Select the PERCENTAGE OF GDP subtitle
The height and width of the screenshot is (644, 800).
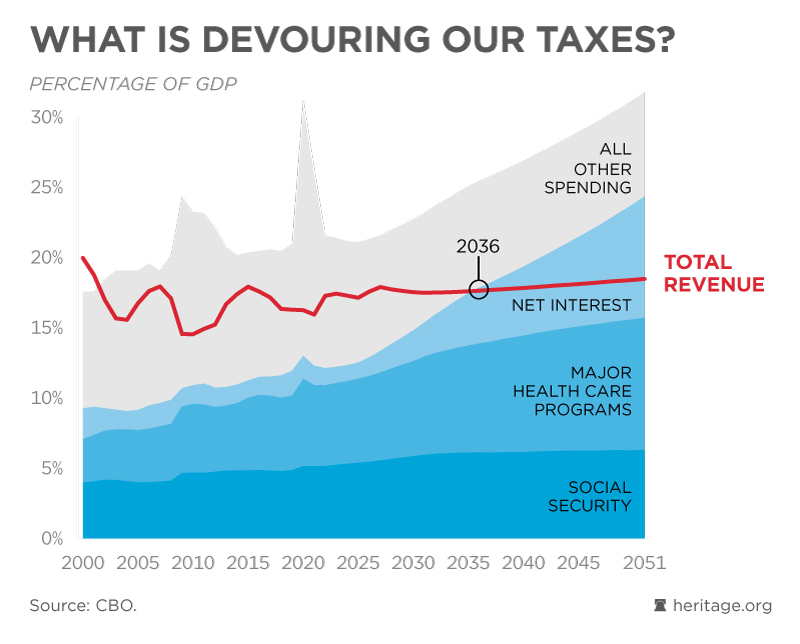pyautogui.click(x=133, y=83)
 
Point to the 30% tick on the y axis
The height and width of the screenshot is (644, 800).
pyautogui.click(x=47, y=117)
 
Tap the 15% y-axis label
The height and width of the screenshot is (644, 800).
pyautogui.click(x=47, y=328)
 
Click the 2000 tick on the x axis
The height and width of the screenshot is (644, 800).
pyautogui.click(x=82, y=562)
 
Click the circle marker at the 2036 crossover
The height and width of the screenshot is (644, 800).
pyautogui.click(x=479, y=290)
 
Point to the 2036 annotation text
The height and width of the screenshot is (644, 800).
pyautogui.click(x=479, y=246)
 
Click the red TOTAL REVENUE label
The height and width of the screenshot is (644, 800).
pyautogui.click(x=714, y=273)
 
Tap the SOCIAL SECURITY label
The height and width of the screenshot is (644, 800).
pyautogui.click(x=589, y=496)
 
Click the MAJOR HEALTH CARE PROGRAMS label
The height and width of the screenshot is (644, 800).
pyautogui.click(x=573, y=391)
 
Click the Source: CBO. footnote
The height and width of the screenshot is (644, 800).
pyautogui.click(x=82, y=606)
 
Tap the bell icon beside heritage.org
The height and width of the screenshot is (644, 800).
pyautogui.click(x=659, y=606)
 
